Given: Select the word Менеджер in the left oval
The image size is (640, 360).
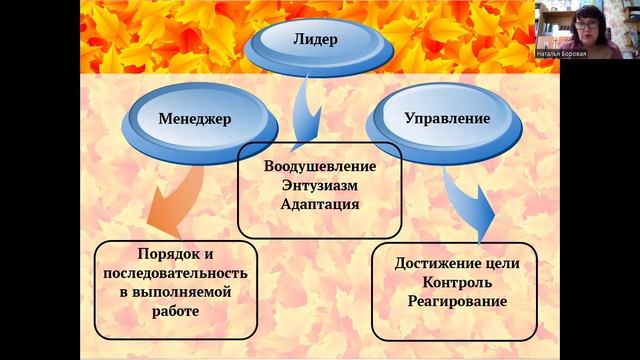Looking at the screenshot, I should click(195, 118).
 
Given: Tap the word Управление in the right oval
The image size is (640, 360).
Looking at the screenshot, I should click(447, 118).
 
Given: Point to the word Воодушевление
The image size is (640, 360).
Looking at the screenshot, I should click(320, 165).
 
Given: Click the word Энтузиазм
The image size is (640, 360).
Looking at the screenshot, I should click(320, 184).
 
